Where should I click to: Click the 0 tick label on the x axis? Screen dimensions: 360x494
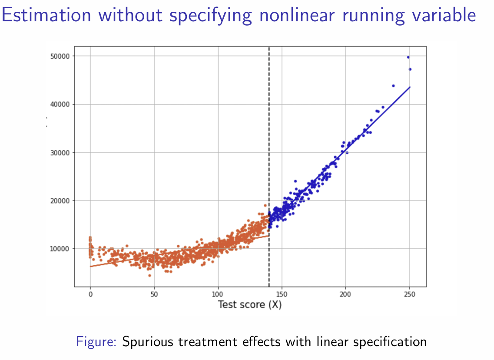point(90,294)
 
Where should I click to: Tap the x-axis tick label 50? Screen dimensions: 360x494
point(154,294)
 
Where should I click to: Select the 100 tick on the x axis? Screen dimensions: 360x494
point(218,294)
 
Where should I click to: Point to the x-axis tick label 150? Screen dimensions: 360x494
point(282,294)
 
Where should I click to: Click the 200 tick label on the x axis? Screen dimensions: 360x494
point(346,294)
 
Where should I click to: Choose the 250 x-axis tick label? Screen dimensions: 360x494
point(409,294)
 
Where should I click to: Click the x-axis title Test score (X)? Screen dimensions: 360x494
point(250,305)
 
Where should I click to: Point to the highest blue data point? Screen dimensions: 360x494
point(408,57)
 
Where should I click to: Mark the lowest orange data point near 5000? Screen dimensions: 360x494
point(149,275)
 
